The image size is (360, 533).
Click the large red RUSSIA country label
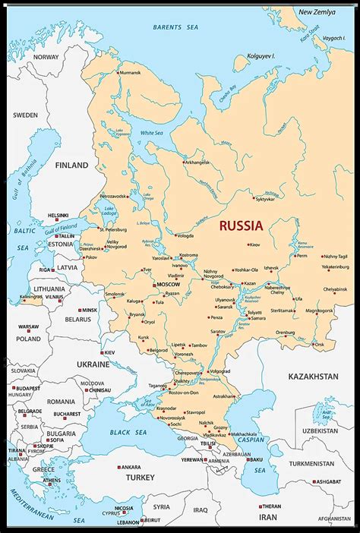tap(241, 225)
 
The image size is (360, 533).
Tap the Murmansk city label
tap(130, 72)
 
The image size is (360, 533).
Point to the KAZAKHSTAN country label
tap(311, 377)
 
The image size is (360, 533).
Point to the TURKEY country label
tap(140, 478)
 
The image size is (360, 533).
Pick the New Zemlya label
tap(316, 12)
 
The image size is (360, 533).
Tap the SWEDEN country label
tap(25, 115)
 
